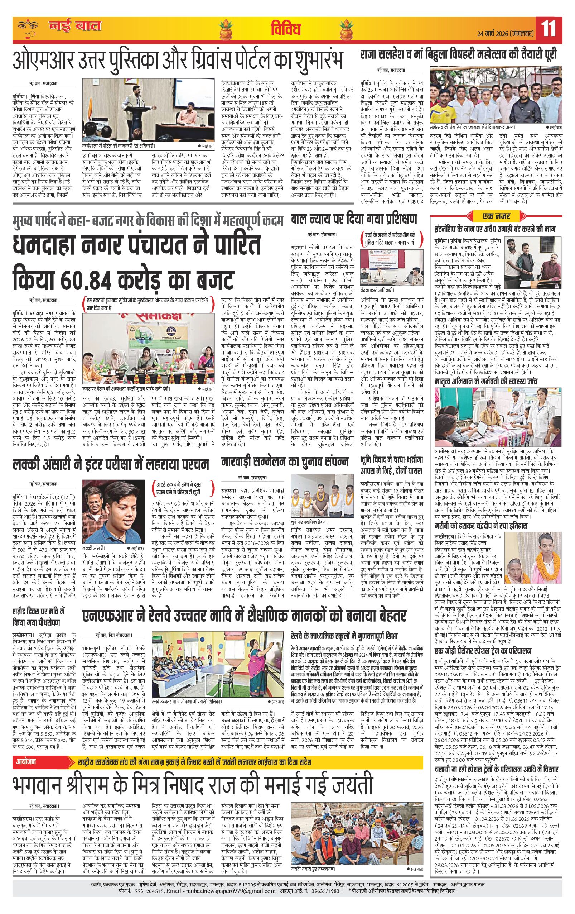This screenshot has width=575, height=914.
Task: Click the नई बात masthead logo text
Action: point(75,26)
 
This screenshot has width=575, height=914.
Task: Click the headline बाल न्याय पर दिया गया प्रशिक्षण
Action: point(353,219)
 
